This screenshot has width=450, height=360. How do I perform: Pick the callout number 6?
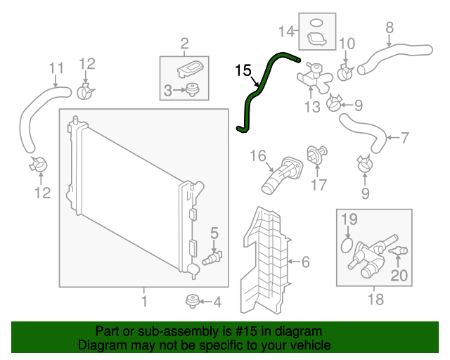[305, 262]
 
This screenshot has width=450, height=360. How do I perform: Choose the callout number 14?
[285, 31]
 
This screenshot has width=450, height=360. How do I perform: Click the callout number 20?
[399, 276]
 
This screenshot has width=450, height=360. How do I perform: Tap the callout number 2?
[185, 44]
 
